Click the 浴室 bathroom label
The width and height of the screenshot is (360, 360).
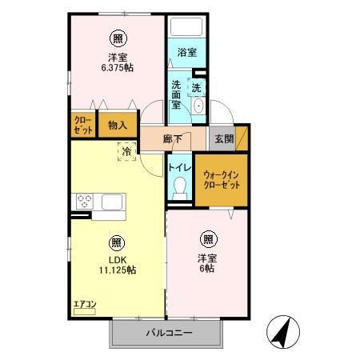[x=187, y=53]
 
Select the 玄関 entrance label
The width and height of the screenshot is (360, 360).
[x=222, y=139]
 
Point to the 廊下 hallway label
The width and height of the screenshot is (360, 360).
[x=172, y=138]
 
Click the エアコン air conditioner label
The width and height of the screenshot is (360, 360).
[x=84, y=304]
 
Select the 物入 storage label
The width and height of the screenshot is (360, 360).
[x=118, y=125]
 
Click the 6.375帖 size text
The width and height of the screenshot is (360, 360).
[x=118, y=67]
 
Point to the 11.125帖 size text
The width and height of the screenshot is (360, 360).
[x=117, y=270]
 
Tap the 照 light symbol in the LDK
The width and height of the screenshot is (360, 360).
[x=117, y=242]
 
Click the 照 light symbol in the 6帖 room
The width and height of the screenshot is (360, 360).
[x=208, y=238]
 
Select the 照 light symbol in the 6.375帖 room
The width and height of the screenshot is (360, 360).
[x=118, y=37]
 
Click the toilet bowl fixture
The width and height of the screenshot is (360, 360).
[x=180, y=187]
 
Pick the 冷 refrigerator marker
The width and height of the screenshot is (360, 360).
[x=126, y=150]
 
